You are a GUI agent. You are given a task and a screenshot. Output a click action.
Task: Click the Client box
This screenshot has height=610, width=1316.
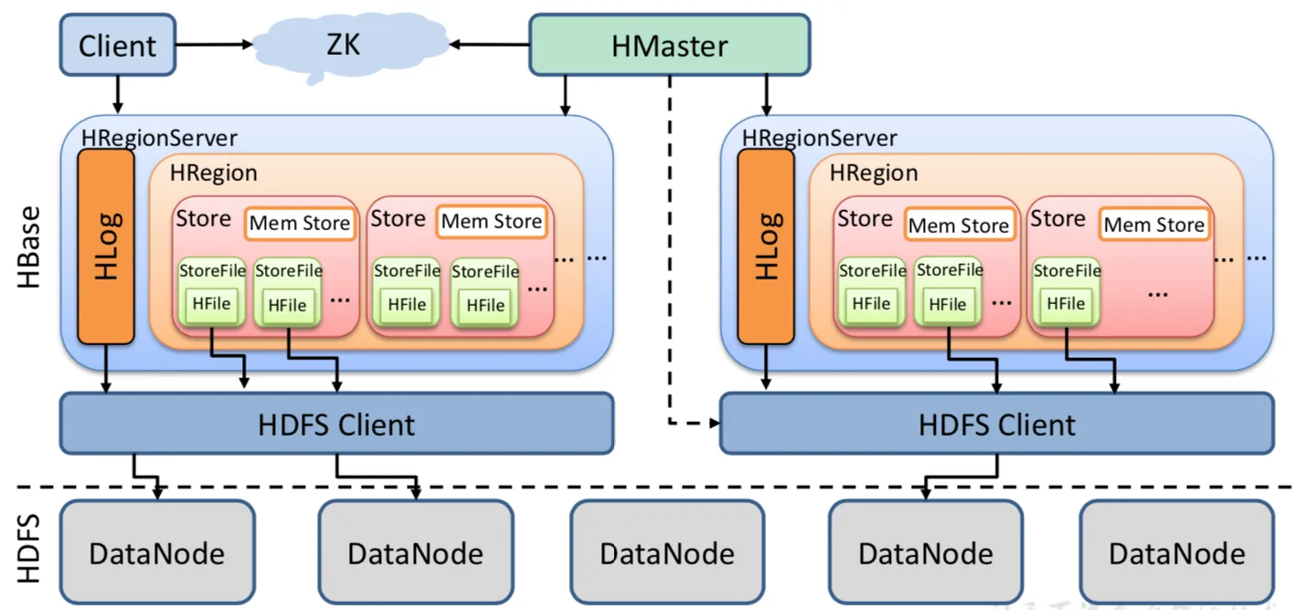tap(117, 45)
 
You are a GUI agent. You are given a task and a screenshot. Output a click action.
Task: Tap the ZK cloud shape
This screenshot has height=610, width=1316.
tap(343, 44)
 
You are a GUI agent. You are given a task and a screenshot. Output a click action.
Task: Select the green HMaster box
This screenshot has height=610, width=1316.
tap(669, 45)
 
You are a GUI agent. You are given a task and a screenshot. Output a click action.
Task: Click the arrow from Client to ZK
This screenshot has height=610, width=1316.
tap(215, 44)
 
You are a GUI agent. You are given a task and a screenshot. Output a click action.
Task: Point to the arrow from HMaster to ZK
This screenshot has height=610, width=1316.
tap(488, 44)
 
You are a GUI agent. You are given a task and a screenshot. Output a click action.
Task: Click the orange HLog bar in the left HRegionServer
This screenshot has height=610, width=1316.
tap(106, 247)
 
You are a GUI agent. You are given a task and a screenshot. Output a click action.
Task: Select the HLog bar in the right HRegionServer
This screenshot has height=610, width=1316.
tap(766, 247)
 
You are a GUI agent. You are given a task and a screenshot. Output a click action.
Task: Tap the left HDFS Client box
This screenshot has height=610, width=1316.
tap(336, 424)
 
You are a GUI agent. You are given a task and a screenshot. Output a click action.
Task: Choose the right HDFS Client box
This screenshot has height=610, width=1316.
tap(996, 424)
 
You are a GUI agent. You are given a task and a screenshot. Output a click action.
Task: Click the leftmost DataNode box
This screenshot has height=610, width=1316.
tap(156, 553)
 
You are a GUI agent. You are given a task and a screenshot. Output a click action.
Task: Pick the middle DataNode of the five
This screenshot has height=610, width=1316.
tap(666, 553)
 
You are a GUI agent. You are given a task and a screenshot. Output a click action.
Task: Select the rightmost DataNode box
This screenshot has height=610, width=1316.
tap(1176, 553)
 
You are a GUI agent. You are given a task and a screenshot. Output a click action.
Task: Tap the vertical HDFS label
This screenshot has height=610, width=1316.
tap(30, 548)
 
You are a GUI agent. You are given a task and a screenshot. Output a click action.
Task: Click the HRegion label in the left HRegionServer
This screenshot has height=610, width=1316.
tap(214, 173)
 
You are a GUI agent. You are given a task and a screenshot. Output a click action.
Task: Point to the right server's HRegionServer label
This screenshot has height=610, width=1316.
tap(819, 138)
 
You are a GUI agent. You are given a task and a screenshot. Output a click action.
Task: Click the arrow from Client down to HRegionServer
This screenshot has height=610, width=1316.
tap(117, 95)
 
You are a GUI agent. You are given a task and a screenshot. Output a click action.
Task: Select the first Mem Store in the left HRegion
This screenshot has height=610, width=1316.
tap(300, 223)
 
